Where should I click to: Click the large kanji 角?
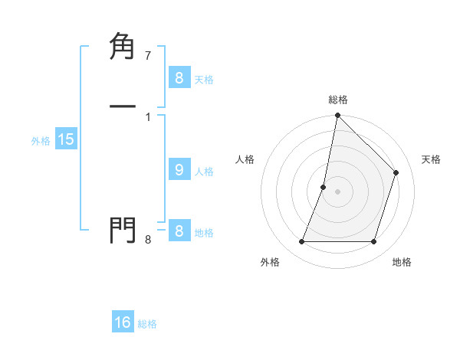click(123, 47)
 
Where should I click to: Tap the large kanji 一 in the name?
click(123, 105)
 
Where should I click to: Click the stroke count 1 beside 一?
click(147, 116)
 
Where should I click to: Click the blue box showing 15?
click(65, 139)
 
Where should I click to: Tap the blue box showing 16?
click(123, 322)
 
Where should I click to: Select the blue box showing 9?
click(179, 170)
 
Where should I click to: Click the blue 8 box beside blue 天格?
click(179, 77)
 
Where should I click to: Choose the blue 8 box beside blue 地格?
click(179, 231)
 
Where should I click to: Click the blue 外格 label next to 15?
click(41, 141)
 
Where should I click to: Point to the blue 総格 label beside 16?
click(147, 324)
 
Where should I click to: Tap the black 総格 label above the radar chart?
click(338, 100)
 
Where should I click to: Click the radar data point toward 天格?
click(396, 172)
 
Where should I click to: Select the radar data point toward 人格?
click(324, 187)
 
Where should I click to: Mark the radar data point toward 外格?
click(301, 242)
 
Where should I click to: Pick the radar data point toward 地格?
click(374, 242)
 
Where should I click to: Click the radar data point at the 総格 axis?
click(338, 115)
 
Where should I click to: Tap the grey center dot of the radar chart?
click(338, 191)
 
